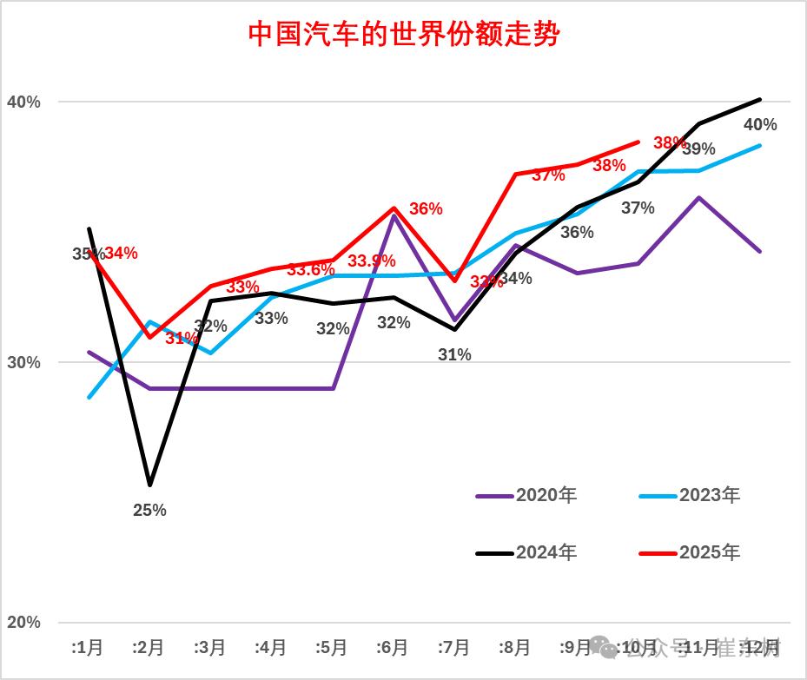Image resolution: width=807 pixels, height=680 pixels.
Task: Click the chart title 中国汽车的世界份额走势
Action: pyautogui.click(x=404, y=35)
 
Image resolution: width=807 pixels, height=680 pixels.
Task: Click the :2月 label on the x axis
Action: pyautogui.click(x=149, y=648)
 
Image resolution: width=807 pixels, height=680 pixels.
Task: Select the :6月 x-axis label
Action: pyautogui.click(x=393, y=648)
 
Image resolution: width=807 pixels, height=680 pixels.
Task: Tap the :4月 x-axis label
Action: pyautogui.click(x=271, y=648)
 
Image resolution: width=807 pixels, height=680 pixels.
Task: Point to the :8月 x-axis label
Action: pyautogui.click(x=515, y=648)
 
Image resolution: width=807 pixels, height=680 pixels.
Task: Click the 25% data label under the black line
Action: pyautogui.click(x=149, y=511)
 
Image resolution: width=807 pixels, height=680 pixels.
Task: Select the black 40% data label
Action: pyautogui.click(x=760, y=125)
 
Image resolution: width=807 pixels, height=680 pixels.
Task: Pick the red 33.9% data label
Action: pyautogui.click(x=372, y=261)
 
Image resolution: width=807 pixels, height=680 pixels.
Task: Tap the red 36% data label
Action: pyautogui.click(x=426, y=209)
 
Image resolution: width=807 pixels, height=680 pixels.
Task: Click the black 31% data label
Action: pyautogui.click(x=454, y=354)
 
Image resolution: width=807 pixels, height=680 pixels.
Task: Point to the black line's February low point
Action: pyautogui.click(x=149, y=485)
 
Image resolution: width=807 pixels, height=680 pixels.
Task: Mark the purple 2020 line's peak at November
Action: pyautogui.click(x=699, y=198)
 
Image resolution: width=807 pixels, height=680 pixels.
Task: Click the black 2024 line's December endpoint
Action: pyautogui.click(x=760, y=99)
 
